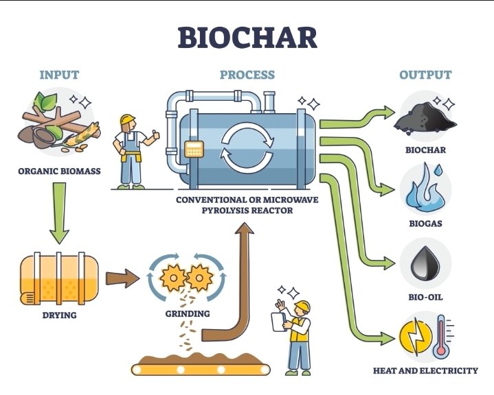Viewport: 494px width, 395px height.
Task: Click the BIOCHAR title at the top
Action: point(247,37)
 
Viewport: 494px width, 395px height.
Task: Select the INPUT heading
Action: point(60,75)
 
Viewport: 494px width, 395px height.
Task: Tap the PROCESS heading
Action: point(247,75)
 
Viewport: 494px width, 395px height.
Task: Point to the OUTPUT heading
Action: point(426,75)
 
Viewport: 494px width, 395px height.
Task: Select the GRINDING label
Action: point(188,315)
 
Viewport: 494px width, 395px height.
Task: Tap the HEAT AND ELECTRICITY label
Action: point(425,371)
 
